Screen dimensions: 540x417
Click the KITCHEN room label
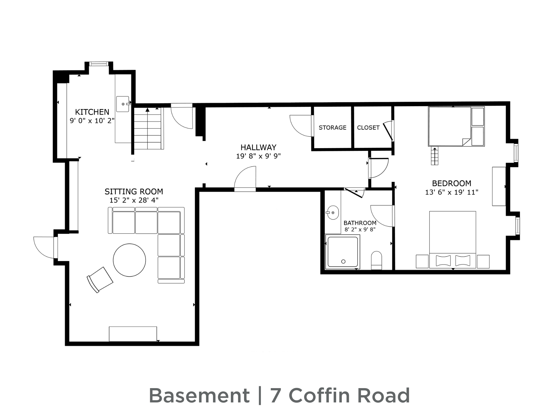pos(92,112)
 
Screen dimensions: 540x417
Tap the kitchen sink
pos(123,104)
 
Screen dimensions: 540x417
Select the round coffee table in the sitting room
pos(129,260)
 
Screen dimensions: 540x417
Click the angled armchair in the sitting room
pos(100,280)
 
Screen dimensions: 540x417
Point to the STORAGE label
pos(332,127)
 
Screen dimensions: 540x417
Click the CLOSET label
pos(368,127)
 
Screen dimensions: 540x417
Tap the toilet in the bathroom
pos(377,260)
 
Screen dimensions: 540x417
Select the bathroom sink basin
pos(333,212)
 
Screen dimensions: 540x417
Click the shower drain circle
pos(343,262)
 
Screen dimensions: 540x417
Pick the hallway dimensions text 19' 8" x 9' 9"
pos(258,156)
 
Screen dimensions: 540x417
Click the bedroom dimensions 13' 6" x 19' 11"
pos(452,192)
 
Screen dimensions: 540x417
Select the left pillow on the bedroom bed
pos(443,260)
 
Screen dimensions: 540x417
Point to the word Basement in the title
pos(199,396)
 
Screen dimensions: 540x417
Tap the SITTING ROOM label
pos(134,192)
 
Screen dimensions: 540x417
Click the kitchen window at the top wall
pos(99,64)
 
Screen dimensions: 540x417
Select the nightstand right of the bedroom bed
pos(483,262)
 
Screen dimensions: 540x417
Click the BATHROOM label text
pos(360,223)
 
